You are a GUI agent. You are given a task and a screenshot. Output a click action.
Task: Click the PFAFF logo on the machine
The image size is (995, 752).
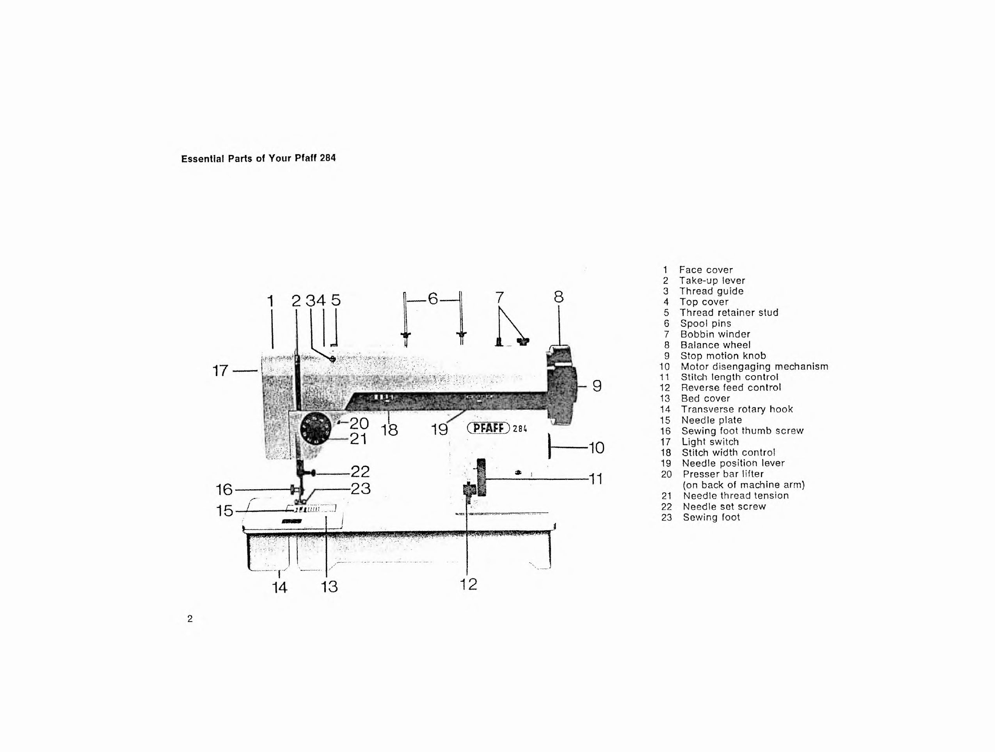488,428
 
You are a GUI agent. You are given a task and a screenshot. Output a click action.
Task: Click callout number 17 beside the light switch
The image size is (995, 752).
220,371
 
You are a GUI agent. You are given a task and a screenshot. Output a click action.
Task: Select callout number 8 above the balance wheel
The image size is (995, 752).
558,297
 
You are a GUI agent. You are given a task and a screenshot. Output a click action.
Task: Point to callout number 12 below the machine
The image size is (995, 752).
468,584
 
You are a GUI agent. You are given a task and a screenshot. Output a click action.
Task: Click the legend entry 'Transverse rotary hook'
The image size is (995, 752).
737,409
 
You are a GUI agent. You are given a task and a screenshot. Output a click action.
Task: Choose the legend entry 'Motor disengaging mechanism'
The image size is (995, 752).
754,366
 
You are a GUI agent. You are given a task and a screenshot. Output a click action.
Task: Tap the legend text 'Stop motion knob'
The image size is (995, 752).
723,356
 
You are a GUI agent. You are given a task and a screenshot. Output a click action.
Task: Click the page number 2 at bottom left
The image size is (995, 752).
190,619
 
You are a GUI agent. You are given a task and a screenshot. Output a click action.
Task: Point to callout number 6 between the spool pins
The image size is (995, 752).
433,298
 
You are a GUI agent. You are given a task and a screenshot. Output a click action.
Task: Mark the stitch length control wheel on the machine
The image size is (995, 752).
482,477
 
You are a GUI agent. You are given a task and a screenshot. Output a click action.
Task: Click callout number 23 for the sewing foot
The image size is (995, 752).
360,488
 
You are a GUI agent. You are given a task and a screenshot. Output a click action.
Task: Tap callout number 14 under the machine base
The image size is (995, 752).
280,587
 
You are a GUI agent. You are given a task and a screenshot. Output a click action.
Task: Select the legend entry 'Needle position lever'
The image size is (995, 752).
733,463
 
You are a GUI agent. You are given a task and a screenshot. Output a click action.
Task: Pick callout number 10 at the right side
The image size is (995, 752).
597,448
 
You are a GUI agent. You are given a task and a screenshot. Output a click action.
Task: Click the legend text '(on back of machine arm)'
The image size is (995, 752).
744,485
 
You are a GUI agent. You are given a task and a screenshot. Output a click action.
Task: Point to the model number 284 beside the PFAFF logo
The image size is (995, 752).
519,429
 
